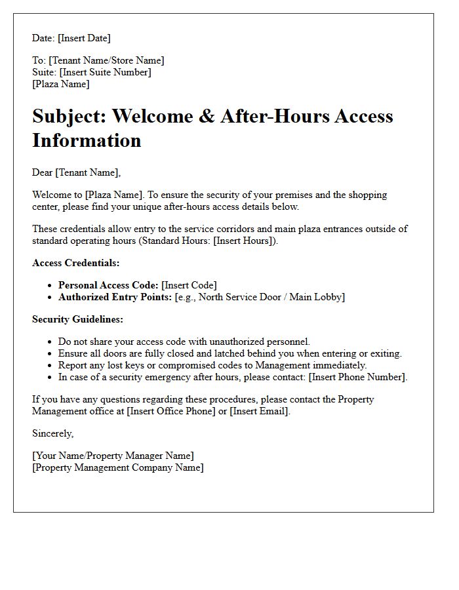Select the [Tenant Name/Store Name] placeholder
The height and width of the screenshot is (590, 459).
pyautogui.click(x=106, y=60)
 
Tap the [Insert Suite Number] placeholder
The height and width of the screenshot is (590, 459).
pyautogui.click(x=105, y=72)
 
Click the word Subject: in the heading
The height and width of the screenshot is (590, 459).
pyautogui.click(x=69, y=116)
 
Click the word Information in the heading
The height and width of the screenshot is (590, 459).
pyautogui.click(x=87, y=140)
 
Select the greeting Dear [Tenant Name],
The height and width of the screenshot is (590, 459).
pyautogui.click(x=77, y=172)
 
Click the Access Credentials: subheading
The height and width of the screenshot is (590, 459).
pyautogui.click(x=76, y=263)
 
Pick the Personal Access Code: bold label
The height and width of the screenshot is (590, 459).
pyautogui.click(x=108, y=285)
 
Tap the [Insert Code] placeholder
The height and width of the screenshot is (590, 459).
pyautogui.click(x=189, y=285)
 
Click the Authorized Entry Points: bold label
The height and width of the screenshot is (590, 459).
pyautogui.click(x=115, y=297)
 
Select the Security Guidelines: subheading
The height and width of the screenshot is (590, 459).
pyautogui.click(x=77, y=319)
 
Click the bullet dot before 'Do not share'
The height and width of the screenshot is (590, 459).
pyautogui.click(x=50, y=342)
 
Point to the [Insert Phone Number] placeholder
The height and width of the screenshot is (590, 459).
pyautogui.click(x=358, y=377)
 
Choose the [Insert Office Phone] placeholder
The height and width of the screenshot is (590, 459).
pyautogui.click(x=176, y=411)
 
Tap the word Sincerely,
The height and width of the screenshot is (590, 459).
pyautogui.click(x=53, y=433)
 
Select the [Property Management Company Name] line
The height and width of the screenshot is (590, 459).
pyautogui.click(x=118, y=467)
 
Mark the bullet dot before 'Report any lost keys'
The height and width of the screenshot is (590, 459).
pyautogui.click(x=50, y=366)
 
